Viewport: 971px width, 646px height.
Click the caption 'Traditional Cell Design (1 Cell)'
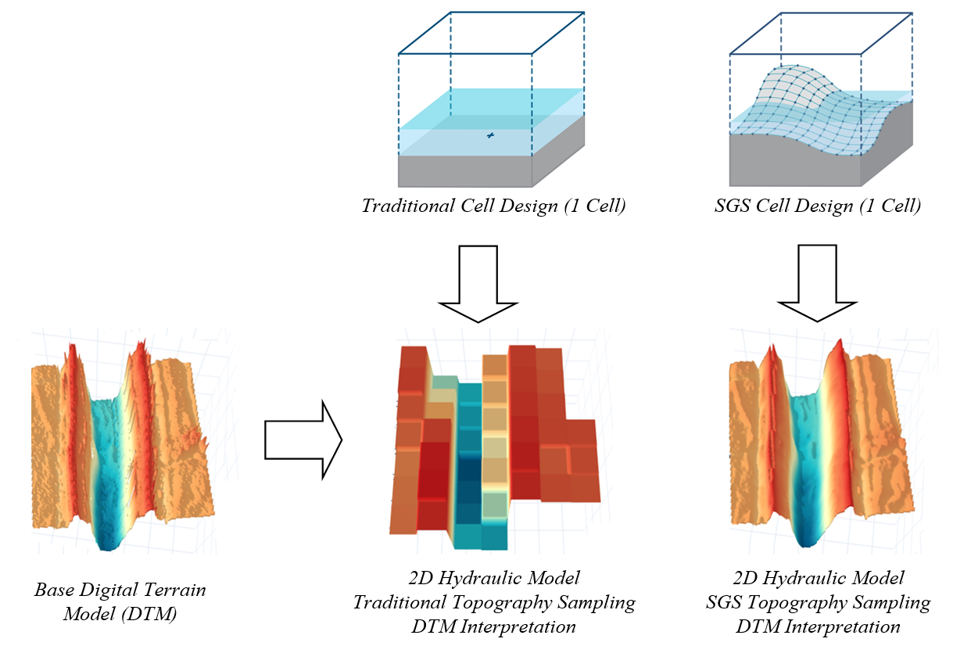click(x=493, y=207)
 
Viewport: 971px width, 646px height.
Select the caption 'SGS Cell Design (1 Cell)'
click(x=817, y=207)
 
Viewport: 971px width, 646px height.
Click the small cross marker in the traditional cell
click(x=490, y=136)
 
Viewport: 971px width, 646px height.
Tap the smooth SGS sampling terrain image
click(x=821, y=442)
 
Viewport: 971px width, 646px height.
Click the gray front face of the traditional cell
click(x=465, y=170)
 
